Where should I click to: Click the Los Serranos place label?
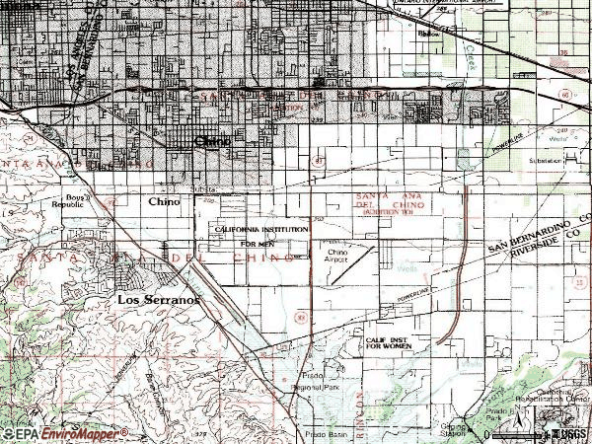[159, 298]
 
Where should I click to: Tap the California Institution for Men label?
[261, 235]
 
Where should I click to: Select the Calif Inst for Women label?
[388, 341]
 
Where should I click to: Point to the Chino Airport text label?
[340, 258]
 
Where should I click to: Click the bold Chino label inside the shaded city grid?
[213, 141]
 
